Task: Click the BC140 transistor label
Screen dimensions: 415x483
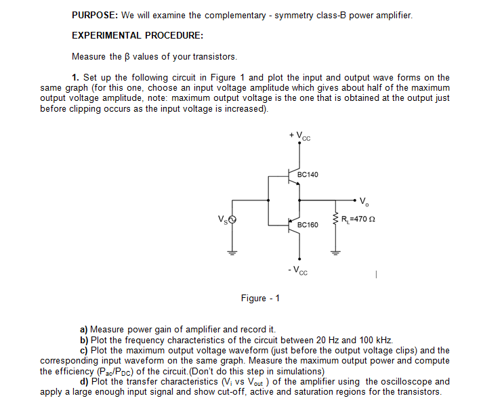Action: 308,175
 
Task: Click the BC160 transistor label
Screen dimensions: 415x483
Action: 308,224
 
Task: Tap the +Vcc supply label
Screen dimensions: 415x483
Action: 299,137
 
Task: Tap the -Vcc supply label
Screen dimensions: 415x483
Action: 299,272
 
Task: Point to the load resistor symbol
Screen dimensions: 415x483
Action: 334,219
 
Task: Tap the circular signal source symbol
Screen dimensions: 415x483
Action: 232,219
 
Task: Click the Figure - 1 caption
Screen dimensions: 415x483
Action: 261,299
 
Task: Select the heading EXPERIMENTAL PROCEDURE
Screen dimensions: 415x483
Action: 138,35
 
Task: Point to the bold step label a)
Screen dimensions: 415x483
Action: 85,328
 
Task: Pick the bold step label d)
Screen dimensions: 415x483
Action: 85,381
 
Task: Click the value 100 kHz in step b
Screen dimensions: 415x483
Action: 375,339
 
